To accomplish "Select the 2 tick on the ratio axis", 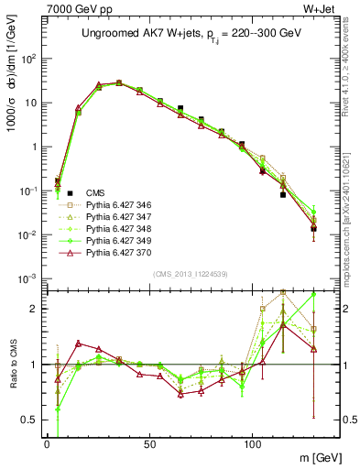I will point(34,309).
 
